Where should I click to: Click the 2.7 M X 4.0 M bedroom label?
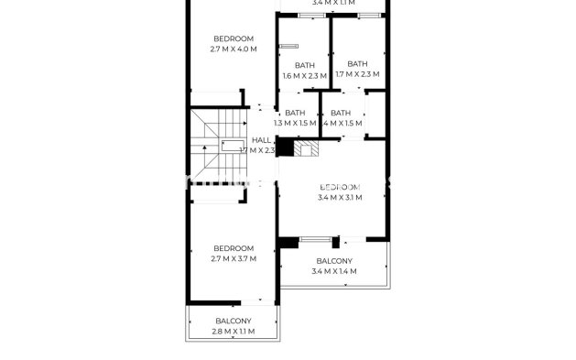[234, 43]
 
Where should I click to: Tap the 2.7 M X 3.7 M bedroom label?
[234, 254]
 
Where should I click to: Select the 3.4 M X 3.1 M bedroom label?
[339, 191]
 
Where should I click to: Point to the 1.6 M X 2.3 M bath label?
[304, 70]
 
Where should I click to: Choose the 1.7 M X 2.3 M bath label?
[357, 69]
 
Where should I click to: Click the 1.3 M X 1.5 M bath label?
[295, 118]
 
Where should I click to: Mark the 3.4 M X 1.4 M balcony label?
[334, 266]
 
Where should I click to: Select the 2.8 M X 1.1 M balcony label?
[234, 326]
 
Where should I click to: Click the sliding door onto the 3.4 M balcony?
[316, 239]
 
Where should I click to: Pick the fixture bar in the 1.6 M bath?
[290, 46]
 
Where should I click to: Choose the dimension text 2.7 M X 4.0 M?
[234, 49]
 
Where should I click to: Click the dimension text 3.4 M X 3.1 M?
[339, 197]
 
